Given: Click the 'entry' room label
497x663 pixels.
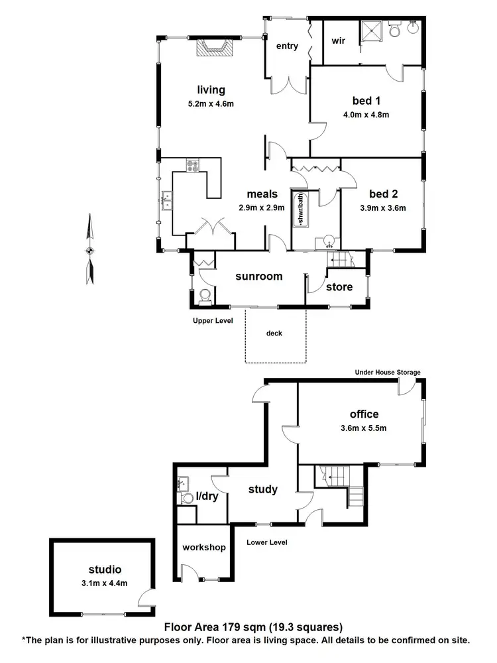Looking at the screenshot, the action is [288, 46].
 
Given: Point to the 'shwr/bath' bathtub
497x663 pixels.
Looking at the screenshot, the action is [301, 208].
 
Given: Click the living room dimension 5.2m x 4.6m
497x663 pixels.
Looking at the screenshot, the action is [211, 103].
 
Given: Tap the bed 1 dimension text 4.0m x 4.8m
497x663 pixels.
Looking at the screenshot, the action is [366, 115].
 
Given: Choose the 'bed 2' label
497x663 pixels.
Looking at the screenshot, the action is [384, 194].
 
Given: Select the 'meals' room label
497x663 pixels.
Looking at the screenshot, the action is [262, 194].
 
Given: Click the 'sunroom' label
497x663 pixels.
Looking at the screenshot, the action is [260, 276].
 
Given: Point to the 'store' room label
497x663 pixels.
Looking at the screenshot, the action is [339, 287].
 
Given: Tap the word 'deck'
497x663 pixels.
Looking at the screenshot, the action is [274, 333].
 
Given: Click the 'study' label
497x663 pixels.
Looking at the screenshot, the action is [262, 490].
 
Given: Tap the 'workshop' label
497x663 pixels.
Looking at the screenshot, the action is [204, 548].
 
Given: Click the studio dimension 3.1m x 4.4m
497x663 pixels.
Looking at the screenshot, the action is [105, 583].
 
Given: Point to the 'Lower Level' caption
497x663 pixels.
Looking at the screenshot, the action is [266, 542].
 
